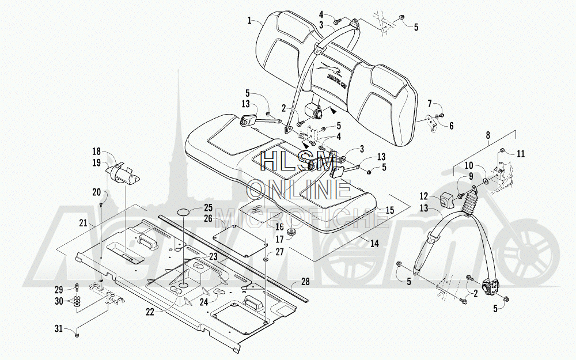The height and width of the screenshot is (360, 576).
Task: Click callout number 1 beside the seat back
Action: [x=249, y=21]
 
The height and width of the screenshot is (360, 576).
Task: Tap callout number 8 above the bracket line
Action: [x=488, y=136]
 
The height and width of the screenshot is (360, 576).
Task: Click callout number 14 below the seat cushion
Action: [x=374, y=244]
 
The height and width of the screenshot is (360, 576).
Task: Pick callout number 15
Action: [x=389, y=211]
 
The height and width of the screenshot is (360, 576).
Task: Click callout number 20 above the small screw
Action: [x=96, y=192]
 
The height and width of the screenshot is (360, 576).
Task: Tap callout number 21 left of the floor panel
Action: [x=83, y=223]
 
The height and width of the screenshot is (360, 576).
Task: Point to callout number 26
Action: [x=208, y=219]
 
